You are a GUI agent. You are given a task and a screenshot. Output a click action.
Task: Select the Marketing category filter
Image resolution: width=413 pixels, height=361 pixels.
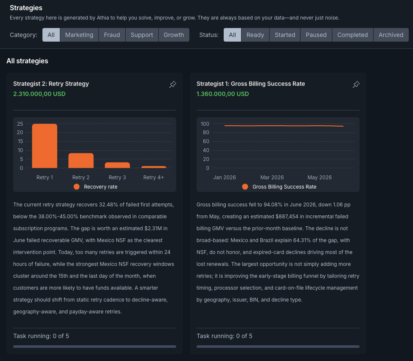click(79, 35)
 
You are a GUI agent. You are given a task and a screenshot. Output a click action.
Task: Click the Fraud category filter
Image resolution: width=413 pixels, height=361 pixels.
click(112, 35)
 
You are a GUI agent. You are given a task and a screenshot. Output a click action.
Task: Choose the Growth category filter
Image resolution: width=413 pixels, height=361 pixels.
click(174, 35)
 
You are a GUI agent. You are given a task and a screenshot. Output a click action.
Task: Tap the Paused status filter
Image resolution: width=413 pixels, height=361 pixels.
click(316, 35)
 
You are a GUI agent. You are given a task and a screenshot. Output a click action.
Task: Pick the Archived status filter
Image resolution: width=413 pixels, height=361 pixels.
click(391, 35)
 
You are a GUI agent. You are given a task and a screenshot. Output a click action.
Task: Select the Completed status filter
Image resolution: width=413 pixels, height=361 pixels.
click(353, 35)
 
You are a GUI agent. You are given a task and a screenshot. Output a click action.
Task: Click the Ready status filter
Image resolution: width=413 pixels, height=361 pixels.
click(255, 35)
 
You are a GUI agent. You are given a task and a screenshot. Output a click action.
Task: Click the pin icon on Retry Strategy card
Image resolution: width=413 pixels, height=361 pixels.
click(172, 85)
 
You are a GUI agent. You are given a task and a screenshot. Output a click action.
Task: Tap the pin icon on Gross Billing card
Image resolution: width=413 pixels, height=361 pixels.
click(356, 85)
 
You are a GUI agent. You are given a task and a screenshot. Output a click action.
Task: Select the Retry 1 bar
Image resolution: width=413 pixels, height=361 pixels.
click(45, 146)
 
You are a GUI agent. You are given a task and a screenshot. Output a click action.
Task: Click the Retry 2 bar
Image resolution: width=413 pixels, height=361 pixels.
click(81, 161)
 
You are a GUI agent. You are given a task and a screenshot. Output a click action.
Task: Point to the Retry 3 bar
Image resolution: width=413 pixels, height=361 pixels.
click(117, 165)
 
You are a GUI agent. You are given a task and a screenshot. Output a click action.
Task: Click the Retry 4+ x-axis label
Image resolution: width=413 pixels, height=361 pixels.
click(154, 178)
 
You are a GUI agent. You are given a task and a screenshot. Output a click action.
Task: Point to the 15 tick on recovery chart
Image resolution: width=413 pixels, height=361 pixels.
click(20, 141)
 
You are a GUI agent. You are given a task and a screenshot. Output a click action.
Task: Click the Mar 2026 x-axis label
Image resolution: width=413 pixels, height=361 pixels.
click(272, 178)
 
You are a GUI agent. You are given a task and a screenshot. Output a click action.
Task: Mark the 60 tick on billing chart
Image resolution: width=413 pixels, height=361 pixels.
click(206, 141)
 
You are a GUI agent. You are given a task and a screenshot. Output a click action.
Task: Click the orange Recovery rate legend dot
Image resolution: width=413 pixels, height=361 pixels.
click(76, 186)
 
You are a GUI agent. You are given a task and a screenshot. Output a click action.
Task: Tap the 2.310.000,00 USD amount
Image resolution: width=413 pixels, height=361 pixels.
click(39, 94)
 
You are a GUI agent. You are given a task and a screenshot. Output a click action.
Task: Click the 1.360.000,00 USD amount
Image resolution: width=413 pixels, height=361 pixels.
click(222, 94)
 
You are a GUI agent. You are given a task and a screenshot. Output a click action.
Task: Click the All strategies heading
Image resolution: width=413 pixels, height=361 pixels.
click(28, 61)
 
